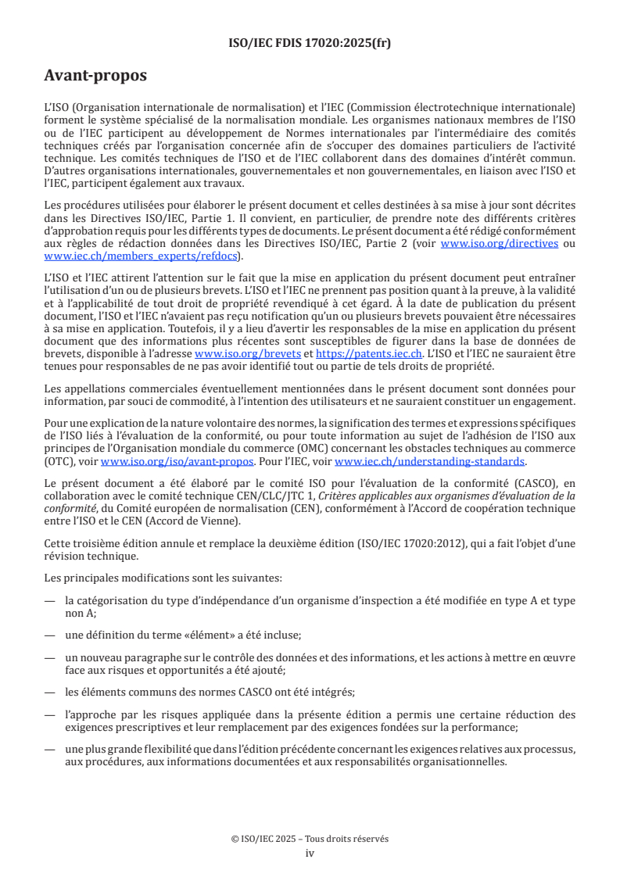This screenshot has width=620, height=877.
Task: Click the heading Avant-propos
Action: pos(95,77)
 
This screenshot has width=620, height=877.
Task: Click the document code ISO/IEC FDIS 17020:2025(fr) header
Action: pos(310,43)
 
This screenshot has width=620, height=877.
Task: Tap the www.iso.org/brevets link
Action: pos(248,354)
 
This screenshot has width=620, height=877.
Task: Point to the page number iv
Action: pos(310,853)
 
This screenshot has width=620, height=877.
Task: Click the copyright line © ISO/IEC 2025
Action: pos(310,839)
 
